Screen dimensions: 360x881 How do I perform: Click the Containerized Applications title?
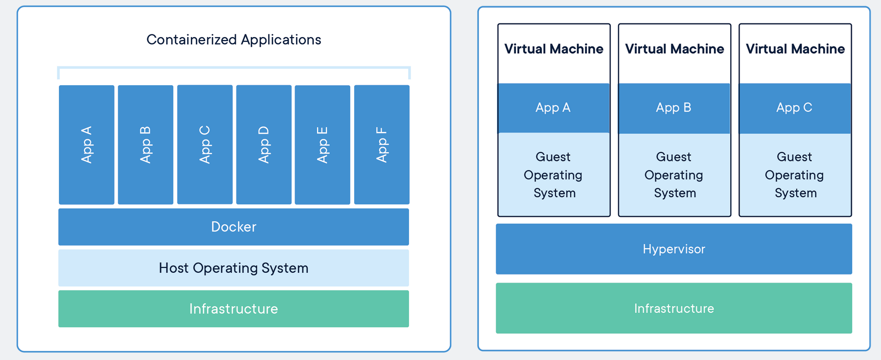click(x=234, y=40)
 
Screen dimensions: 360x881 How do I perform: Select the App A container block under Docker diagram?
click(x=86, y=144)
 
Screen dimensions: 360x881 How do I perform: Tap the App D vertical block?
click(x=263, y=144)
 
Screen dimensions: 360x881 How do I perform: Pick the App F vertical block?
click(x=382, y=144)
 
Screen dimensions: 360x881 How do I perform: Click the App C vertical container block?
click(x=205, y=144)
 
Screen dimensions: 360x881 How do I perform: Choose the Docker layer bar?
click(x=234, y=227)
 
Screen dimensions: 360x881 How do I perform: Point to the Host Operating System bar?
click(x=234, y=268)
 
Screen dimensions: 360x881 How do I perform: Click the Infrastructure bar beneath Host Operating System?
click(x=234, y=309)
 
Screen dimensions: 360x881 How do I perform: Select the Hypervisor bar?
click(x=674, y=249)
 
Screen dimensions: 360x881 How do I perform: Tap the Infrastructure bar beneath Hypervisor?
click(x=674, y=308)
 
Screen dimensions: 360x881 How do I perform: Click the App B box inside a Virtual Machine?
click(x=674, y=108)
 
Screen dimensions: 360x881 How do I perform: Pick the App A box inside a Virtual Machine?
click(x=553, y=108)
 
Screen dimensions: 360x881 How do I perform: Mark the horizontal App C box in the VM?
click(x=794, y=108)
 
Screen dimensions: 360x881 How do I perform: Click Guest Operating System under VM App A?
click(x=553, y=175)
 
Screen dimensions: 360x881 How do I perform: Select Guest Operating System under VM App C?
click(x=795, y=175)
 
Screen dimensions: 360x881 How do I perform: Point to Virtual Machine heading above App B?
click(x=674, y=49)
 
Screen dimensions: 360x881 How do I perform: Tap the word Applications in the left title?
click(x=281, y=40)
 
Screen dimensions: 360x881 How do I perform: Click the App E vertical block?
click(x=322, y=144)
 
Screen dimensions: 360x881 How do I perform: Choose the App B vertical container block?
click(x=145, y=144)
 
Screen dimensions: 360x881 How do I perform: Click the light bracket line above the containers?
click(x=234, y=67)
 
